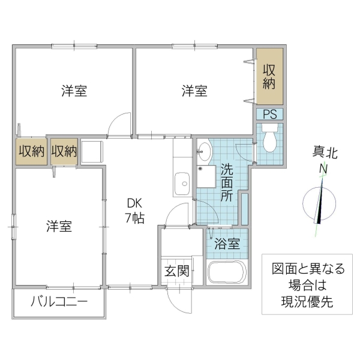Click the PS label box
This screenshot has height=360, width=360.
(268, 114)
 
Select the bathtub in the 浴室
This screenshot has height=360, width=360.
(226, 273)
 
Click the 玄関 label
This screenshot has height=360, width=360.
(177, 271)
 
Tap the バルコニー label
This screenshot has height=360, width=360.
(59, 301)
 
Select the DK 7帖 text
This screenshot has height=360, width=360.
(134, 211)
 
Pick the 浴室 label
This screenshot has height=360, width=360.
(227, 244)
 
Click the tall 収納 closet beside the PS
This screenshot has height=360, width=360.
(268, 77)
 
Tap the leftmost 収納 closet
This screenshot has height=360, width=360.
(31, 151)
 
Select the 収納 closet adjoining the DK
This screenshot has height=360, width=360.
(64, 151)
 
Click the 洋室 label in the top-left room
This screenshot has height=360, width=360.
(74, 91)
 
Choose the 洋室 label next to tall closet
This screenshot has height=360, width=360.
(195, 91)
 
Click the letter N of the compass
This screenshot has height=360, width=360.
(323, 170)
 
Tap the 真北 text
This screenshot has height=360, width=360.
(325, 153)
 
